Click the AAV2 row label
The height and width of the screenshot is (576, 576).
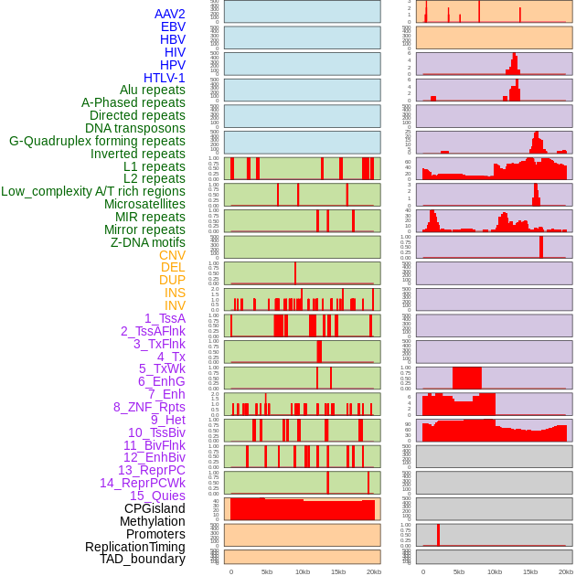pos(169,14)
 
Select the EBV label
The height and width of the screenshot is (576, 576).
pos(173,27)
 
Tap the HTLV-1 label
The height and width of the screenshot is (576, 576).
pos(165,78)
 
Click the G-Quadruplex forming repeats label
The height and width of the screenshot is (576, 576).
pos(97,141)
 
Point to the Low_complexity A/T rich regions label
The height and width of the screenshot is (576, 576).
pos(93,191)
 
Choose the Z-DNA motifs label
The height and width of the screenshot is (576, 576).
pos(148,242)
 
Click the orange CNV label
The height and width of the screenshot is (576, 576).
pos(172,255)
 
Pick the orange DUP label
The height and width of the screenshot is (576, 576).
pos(172,280)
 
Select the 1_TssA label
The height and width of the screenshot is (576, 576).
pos(165,318)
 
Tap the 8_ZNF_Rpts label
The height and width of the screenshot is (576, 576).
pos(149,407)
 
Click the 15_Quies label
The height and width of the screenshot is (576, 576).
pos(157,496)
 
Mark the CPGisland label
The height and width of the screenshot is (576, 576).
pos(155,508)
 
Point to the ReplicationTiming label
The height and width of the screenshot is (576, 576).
pos(135,547)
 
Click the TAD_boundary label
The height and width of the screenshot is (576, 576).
pos(143,559)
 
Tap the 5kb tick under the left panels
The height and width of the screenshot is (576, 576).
pos(267,571)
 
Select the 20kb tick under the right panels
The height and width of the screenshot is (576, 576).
pos(566,571)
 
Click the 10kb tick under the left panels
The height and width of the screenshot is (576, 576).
pos(303,571)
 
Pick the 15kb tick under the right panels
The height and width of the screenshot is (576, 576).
pos(530,571)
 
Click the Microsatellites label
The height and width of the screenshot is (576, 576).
pos(144,204)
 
